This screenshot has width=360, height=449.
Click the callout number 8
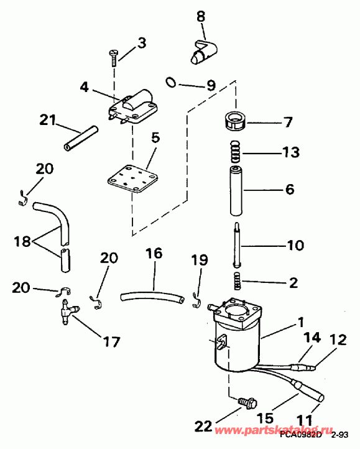click(201, 17)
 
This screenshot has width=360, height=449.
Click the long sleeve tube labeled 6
click(237, 190)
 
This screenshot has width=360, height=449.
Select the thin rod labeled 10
click(238, 245)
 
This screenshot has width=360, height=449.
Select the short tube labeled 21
click(81, 139)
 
